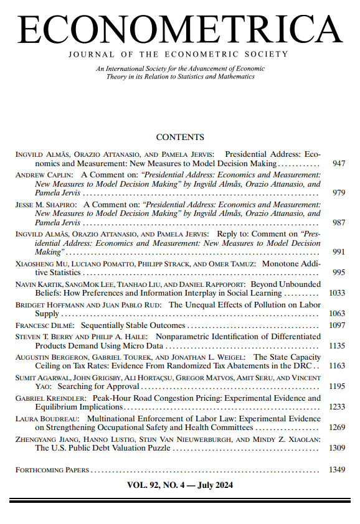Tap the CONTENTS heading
[x=180, y=137]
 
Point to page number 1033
[x=336, y=292]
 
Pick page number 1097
[x=336, y=325]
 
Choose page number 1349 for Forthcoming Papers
[x=336, y=470]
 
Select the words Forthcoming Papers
[x=52, y=470]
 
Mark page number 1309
[x=336, y=448]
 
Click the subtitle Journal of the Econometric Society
[x=180, y=54]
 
